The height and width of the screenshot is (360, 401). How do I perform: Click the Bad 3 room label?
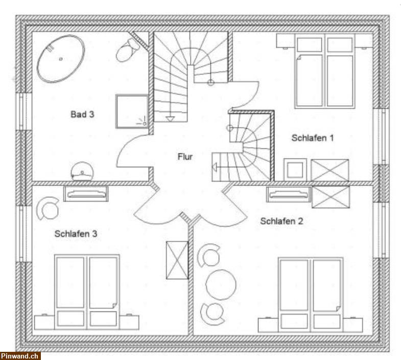point(82,114)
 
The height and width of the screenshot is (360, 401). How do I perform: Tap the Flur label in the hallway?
point(185,156)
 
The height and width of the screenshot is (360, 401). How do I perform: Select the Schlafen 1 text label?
point(313,138)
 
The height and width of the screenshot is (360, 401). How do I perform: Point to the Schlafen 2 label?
point(281,221)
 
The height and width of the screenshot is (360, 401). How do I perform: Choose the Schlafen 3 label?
point(76,234)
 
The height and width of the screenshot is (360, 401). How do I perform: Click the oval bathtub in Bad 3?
point(61,59)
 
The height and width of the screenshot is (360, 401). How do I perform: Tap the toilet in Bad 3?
point(128,50)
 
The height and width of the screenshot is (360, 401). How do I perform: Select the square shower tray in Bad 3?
point(132,111)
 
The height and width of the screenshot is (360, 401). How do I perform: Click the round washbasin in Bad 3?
point(82,171)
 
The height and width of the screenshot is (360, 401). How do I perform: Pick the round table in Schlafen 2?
point(221,284)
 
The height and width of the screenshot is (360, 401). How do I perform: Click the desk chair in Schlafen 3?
point(48,208)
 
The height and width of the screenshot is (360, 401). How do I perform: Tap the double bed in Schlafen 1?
point(324,71)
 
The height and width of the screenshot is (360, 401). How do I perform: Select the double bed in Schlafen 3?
point(87,292)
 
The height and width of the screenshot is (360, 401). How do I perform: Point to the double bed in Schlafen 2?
point(311,295)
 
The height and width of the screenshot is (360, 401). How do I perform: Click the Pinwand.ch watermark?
point(19,356)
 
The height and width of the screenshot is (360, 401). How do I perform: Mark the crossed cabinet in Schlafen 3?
point(177,260)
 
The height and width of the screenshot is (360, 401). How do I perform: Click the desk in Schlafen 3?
point(86,194)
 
